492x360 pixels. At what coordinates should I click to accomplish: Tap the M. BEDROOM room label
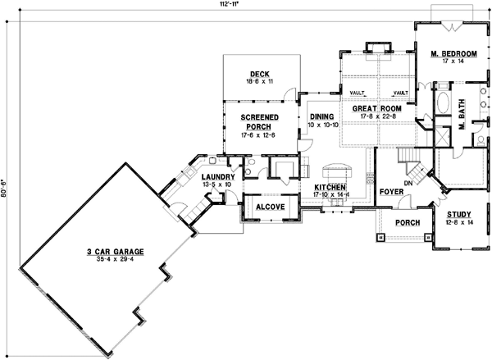(x=449, y=54)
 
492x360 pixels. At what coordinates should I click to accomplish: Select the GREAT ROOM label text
(x=375, y=108)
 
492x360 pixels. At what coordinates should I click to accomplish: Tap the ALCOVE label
(x=269, y=207)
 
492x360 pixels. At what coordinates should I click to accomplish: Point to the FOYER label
(x=390, y=193)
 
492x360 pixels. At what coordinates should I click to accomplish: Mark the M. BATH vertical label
(x=462, y=114)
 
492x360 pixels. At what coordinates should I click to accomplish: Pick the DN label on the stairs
(x=407, y=183)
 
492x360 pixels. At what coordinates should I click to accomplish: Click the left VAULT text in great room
(x=357, y=93)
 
